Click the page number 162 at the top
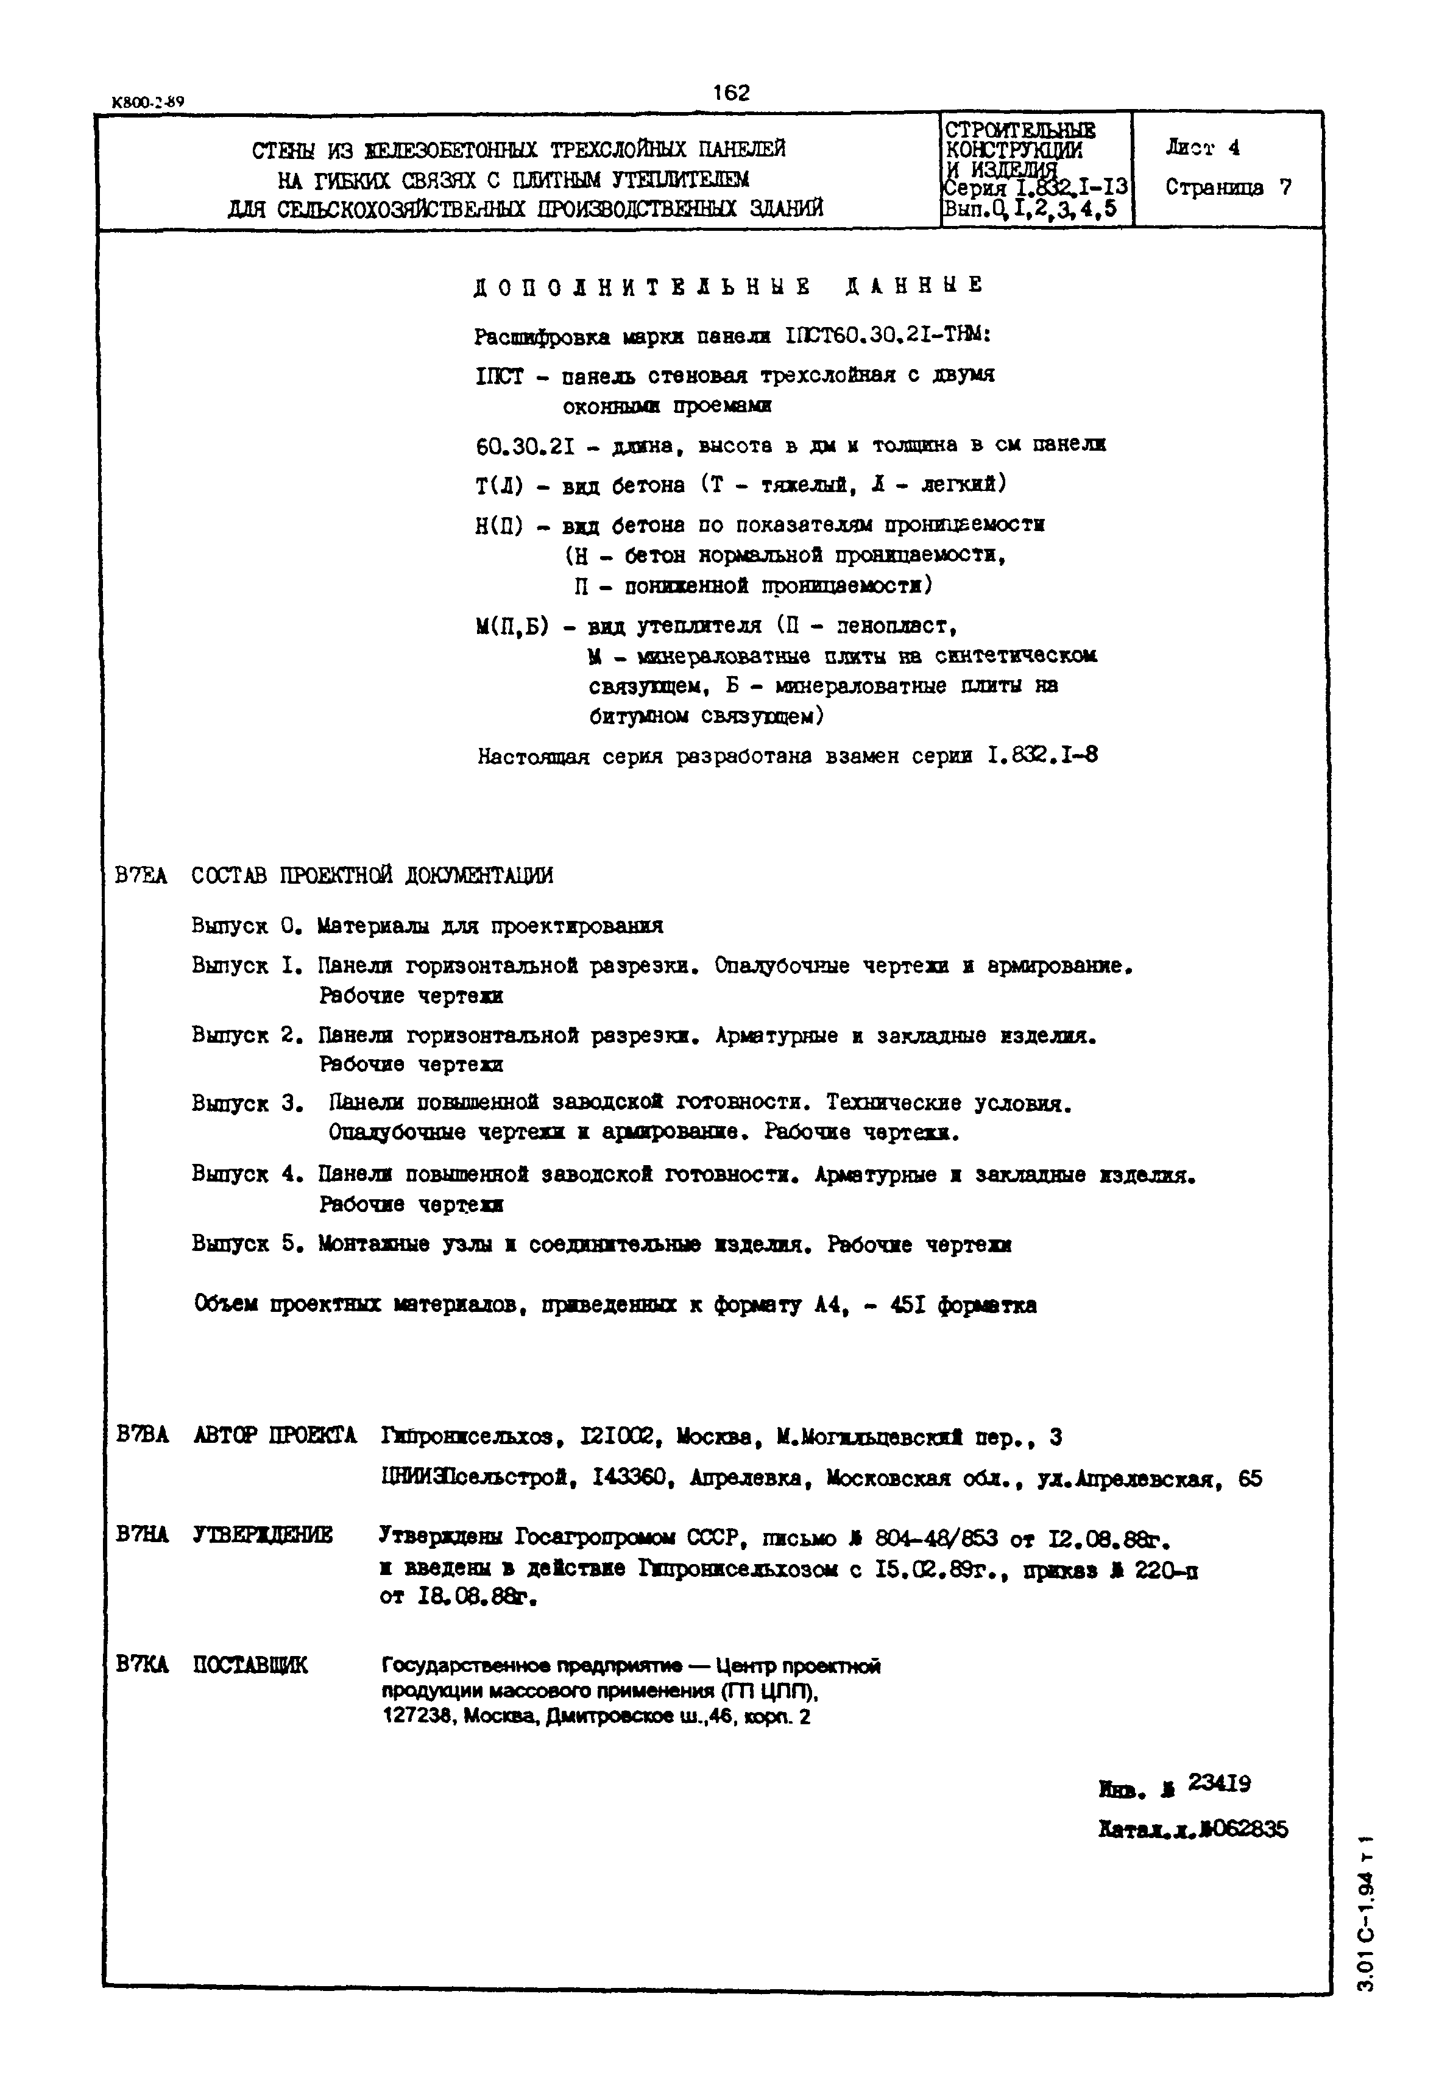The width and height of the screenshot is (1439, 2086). click(730, 93)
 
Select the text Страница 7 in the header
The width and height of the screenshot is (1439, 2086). click(1228, 188)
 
